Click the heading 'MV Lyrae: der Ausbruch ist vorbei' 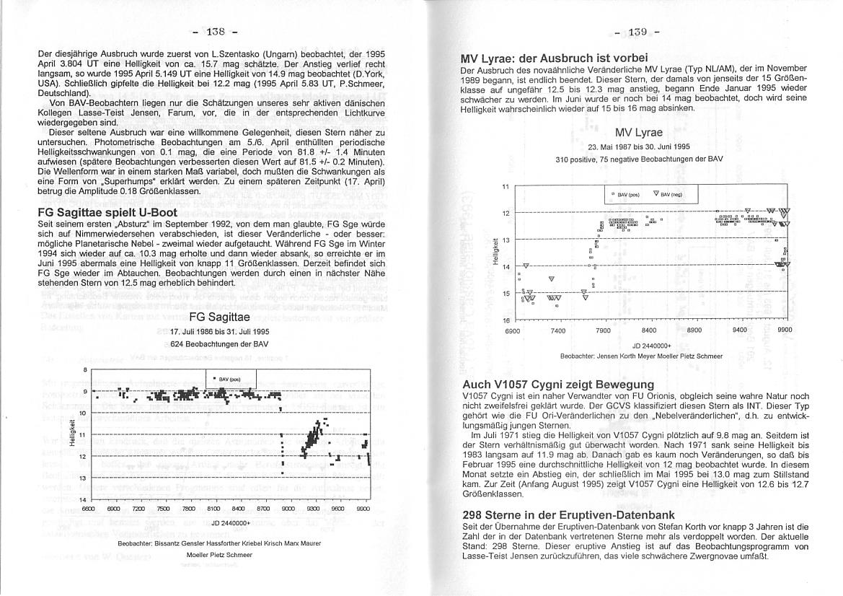tap(555, 58)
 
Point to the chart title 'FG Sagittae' tap(219, 317)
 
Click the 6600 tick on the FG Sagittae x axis tap(89, 509)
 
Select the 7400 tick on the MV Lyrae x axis tap(557, 330)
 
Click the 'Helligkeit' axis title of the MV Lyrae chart tap(494, 252)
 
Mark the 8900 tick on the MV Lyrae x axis tap(694, 330)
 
